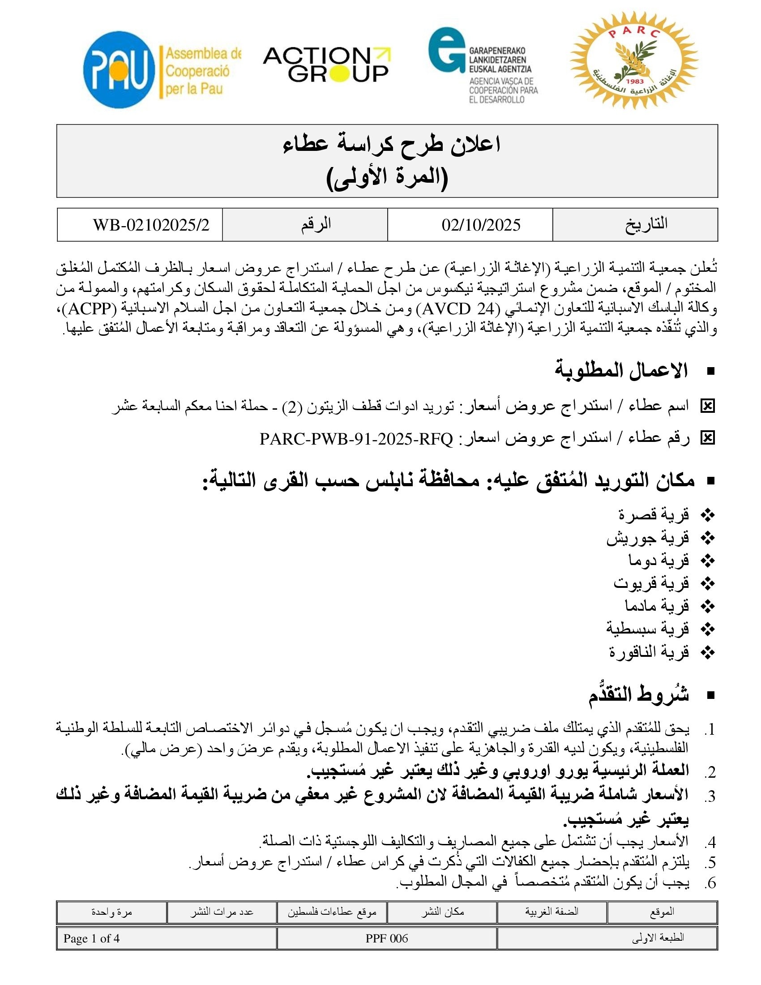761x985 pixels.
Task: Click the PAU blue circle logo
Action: point(119,69)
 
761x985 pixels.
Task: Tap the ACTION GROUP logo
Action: point(326,65)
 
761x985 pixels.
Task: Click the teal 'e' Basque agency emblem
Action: point(446,50)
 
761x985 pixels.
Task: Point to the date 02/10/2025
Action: point(481,225)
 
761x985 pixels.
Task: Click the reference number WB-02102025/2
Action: point(151,225)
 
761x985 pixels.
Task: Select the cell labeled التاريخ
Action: point(646,224)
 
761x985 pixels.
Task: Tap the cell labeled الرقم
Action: point(316,224)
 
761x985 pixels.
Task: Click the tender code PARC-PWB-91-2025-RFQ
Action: point(356,438)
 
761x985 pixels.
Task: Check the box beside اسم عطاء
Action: point(707,407)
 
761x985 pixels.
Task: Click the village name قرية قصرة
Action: point(654,514)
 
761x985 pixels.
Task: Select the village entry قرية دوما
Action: point(658,560)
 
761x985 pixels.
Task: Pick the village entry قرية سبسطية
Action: point(647,628)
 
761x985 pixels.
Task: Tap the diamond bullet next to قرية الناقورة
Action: point(708,652)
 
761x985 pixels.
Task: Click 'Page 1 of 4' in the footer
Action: point(91,938)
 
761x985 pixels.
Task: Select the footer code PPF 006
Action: point(386,938)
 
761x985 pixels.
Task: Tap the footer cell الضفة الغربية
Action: point(552,912)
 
